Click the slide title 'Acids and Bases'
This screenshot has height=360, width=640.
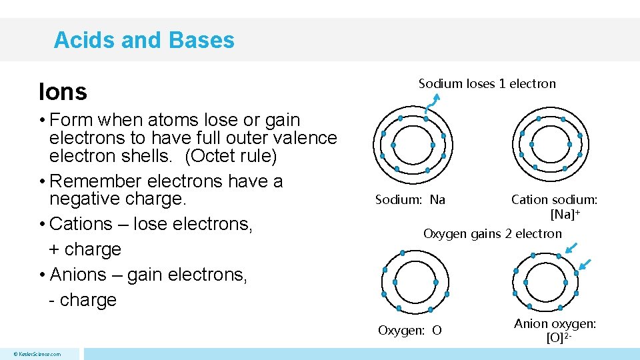144,40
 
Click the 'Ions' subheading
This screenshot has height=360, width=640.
63,92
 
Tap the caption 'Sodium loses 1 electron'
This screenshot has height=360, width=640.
487,83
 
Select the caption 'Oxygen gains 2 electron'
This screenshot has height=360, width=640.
493,233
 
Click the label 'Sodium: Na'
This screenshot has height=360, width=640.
410,199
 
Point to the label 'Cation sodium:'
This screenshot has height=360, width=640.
554,199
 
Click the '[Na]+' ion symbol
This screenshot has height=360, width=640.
565,215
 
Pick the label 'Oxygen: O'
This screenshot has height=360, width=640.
409,330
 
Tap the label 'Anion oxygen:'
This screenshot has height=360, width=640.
555,323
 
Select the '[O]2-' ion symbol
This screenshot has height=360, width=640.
559,337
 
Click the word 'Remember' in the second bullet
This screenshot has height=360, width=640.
95,181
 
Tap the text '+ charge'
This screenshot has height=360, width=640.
85,249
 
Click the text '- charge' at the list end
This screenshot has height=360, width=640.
83,300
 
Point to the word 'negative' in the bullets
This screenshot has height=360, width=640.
84,199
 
